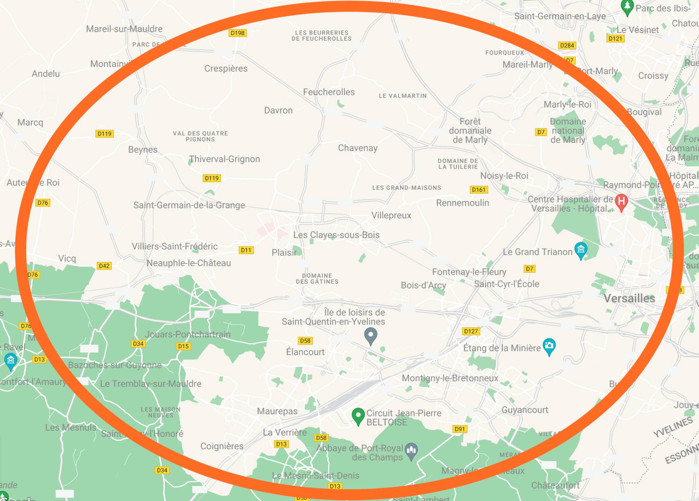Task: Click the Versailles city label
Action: (x=629, y=298)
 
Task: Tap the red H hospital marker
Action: (x=621, y=202)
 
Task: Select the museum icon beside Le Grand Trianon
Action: (x=581, y=250)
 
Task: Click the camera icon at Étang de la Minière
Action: (x=549, y=345)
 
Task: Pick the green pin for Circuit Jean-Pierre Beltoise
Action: (x=358, y=415)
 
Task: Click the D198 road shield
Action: (x=238, y=33)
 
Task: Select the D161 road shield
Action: (x=478, y=189)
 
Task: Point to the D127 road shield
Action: (x=471, y=331)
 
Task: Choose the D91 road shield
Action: (x=460, y=429)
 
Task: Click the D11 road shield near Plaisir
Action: (x=246, y=250)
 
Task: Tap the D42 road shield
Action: (x=104, y=266)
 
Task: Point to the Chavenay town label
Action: (x=358, y=148)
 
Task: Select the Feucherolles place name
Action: (x=329, y=92)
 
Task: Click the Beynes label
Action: (x=143, y=150)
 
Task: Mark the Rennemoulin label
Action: (x=462, y=203)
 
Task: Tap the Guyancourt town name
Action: (x=525, y=410)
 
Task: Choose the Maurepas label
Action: (x=277, y=411)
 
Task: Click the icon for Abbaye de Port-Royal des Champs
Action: (x=411, y=450)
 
